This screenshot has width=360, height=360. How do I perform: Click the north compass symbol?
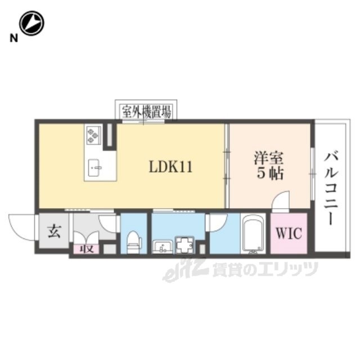[x=31, y=23]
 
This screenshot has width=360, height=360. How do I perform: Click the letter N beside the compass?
[x=13, y=38]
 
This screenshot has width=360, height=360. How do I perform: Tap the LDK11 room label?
[x=170, y=166]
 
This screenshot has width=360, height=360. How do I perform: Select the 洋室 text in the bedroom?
[x=269, y=158]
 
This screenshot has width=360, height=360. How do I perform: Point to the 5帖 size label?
[x=270, y=173]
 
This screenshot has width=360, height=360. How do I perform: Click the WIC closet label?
[x=289, y=233]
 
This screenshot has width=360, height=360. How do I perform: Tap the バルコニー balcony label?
[x=331, y=188]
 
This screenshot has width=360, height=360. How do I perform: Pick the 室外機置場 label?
[x=146, y=112]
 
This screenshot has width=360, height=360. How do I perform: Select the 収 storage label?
[x=87, y=249]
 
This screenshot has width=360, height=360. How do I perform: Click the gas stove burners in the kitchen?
[x=93, y=136]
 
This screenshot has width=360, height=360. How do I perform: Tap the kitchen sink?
[x=95, y=168]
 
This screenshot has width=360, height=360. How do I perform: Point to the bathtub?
[x=253, y=234]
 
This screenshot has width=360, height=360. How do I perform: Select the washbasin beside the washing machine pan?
[x=163, y=246]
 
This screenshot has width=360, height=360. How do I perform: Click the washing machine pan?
[x=184, y=245]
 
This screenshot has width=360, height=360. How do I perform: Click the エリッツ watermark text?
[x=288, y=268]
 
